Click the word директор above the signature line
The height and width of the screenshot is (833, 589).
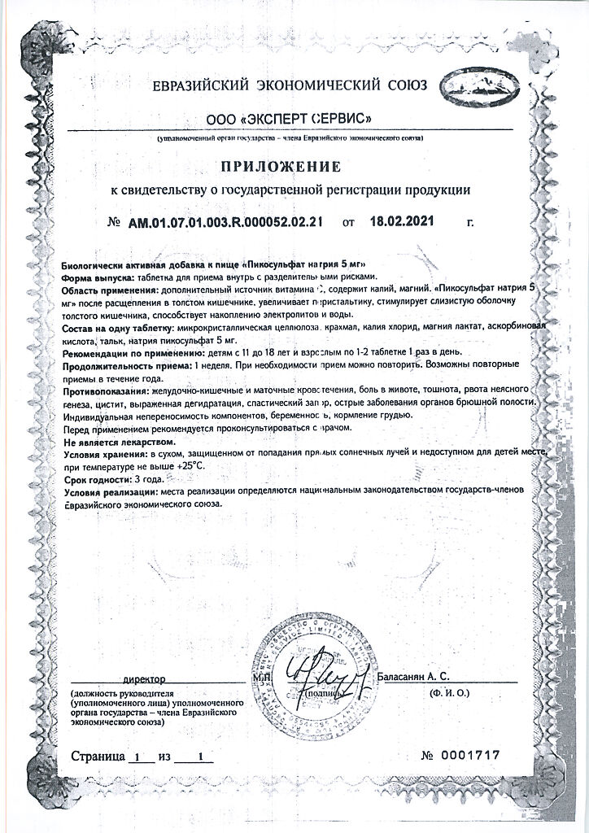click(x=144, y=678)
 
